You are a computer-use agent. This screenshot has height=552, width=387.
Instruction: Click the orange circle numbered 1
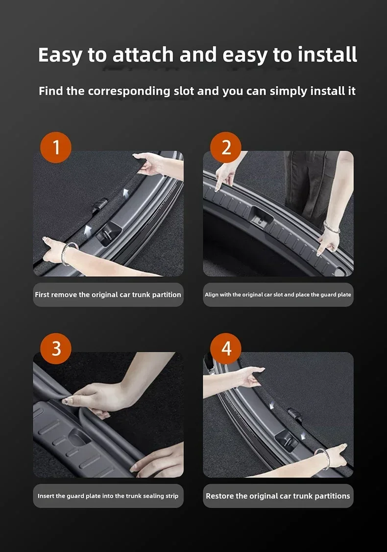56,147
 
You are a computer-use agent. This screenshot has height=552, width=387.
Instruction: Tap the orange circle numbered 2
226,147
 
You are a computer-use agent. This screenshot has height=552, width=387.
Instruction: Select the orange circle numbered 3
56,348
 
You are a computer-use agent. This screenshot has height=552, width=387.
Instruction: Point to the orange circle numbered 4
226,348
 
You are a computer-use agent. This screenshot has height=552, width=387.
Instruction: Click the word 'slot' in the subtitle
184,91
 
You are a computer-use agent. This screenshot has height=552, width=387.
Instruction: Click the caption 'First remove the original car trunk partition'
108,295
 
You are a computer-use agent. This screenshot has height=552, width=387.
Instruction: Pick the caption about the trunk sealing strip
108,496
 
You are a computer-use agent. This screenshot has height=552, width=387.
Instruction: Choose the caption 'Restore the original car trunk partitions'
278,496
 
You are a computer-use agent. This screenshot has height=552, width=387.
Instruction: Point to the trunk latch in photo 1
108,233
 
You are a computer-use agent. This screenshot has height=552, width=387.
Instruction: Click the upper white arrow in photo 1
125,194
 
